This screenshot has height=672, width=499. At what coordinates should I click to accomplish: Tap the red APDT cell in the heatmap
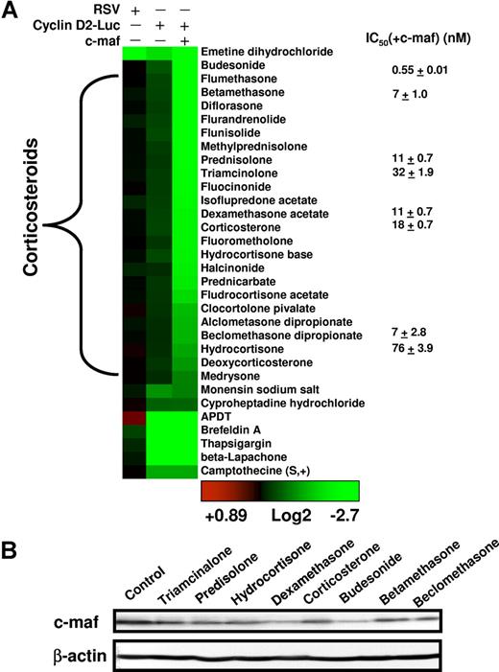[x=134, y=418]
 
